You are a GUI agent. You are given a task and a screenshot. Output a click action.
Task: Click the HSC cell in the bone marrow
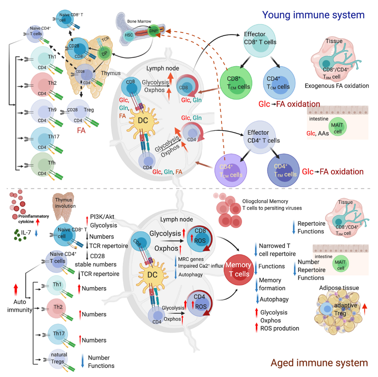pyautogui.click(x=129, y=35)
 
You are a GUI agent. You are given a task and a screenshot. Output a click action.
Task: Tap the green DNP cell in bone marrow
pyautogui.click(x=153, y=31)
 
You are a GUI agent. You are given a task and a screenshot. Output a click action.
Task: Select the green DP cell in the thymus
pyautogui.click(x=104, y=54)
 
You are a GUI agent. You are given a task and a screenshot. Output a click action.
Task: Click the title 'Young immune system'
pyautogui.click(x=313, y=15)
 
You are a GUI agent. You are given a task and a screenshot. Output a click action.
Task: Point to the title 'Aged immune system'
pyautogui.click(x=319, y=363)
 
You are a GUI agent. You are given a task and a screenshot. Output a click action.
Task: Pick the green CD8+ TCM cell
pyautogui.click(x=236, y=83)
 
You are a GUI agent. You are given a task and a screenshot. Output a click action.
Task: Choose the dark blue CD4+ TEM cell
pyautogui.click(x=283, y=171)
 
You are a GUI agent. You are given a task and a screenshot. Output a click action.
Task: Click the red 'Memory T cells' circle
pyautogui.click(x=238, y=269)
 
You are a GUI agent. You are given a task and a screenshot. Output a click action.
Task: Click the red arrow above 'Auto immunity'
pyautogui.click(x=16, y=290)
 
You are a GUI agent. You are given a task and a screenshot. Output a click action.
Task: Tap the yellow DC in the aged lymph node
pyautogui.click(x=152, y=275)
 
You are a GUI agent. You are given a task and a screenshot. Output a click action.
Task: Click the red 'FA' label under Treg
pyautogui.click(x=81, y=131)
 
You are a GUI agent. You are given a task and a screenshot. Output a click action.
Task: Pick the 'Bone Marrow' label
pyautogui.click(x=139, y=21)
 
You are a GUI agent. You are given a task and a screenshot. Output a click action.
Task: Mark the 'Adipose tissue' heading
pyautogui.click(x=339, y=288)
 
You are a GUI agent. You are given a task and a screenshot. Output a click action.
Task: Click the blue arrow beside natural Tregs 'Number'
pyautogui.click(x=83, y=361)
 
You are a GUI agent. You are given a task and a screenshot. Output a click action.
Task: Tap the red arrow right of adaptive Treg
pyautogui.click(x=365, y=309)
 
